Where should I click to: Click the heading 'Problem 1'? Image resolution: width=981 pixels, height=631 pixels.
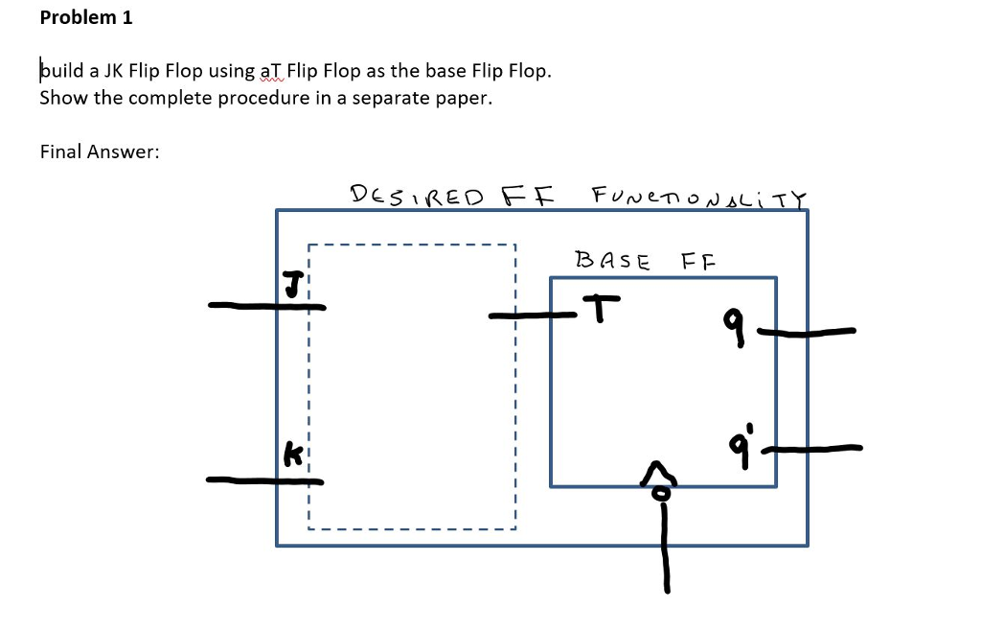[86, 17]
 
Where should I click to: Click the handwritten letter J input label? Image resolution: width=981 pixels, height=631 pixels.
[291, 285]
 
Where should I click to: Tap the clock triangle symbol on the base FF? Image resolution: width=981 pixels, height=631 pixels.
[658, 472]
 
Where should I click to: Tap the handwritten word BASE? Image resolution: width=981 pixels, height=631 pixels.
[612, 260]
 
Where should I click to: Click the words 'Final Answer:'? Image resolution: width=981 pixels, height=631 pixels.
[99, 152]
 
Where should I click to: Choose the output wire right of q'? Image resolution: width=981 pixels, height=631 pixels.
[820, 447]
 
